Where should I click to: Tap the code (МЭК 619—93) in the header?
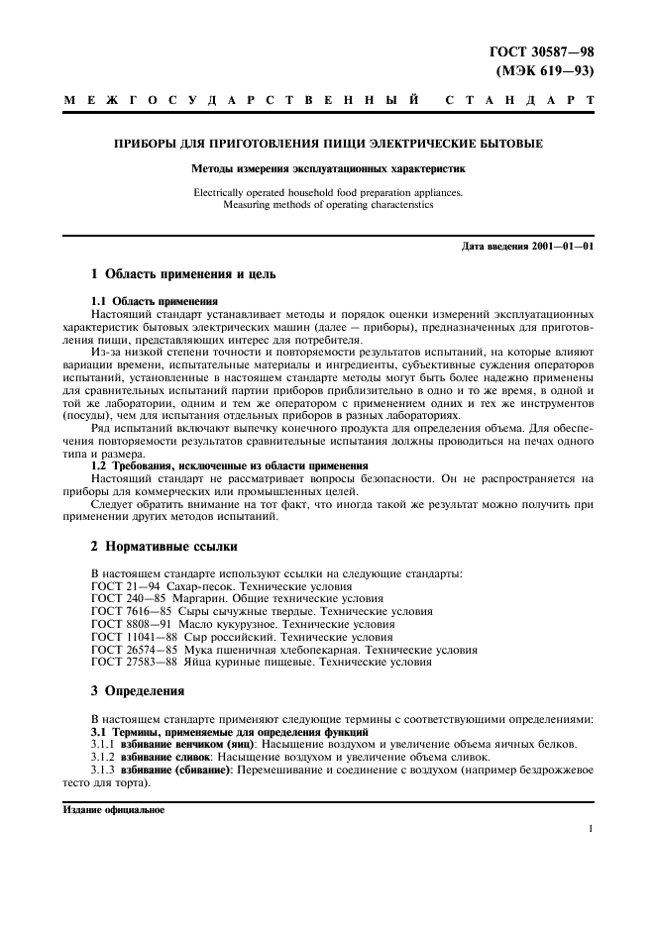[x=547, y=70]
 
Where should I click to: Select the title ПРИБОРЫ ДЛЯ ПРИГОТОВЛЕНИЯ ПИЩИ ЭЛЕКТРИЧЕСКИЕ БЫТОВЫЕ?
[x=327, y=145]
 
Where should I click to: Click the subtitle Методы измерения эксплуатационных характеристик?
[x=327, y=169]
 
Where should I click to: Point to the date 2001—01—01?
[x=560, y=246]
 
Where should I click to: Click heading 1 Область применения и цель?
[x=183, y=273]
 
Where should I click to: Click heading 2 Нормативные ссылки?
[x=164, y=546]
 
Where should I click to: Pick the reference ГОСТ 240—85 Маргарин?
[x=229, y=598]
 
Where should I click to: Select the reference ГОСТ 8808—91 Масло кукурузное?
[x=242, y=624]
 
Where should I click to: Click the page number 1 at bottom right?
[x=590, y=829]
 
